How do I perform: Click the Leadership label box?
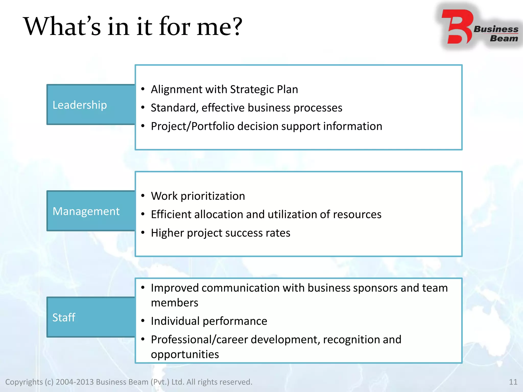(x=91, y=105)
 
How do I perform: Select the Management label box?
(x=91, y=211)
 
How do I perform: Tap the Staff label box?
(x=91, y=317)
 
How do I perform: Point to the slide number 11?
(x=513, y=382)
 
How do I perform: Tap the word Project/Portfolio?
(x=193, y=126)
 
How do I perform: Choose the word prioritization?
(x=213, y=196)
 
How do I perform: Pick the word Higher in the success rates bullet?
(x=168, y=233)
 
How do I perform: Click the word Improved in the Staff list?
(x=175, y=288)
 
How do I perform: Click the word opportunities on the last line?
(x=185, y=354)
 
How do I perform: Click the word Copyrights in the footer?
(x=24, y=382)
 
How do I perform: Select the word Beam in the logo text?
(x=504, y=38)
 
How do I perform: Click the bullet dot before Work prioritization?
(x=143, y=196)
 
